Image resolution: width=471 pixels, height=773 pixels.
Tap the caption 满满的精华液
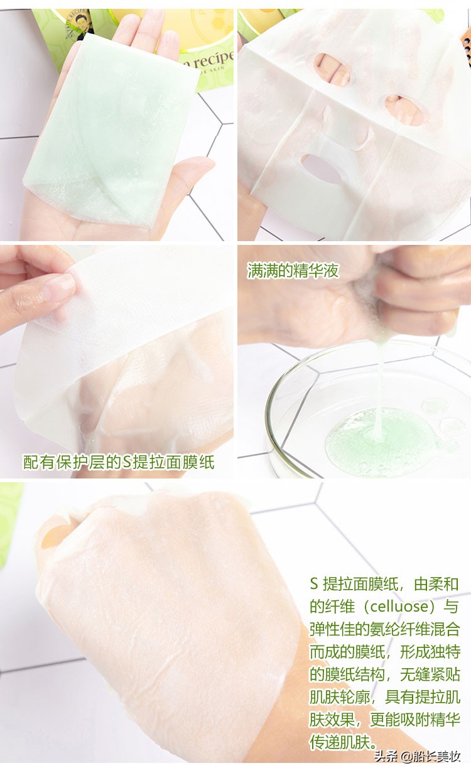tap(293, 271)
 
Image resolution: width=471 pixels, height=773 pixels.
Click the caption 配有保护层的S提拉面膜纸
tap(119, 462)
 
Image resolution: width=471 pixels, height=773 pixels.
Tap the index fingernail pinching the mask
tap(60, 287)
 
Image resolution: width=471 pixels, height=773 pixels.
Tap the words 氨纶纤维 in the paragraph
tap(392, 629)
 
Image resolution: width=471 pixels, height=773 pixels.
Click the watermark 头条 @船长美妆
tap(418, 757)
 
